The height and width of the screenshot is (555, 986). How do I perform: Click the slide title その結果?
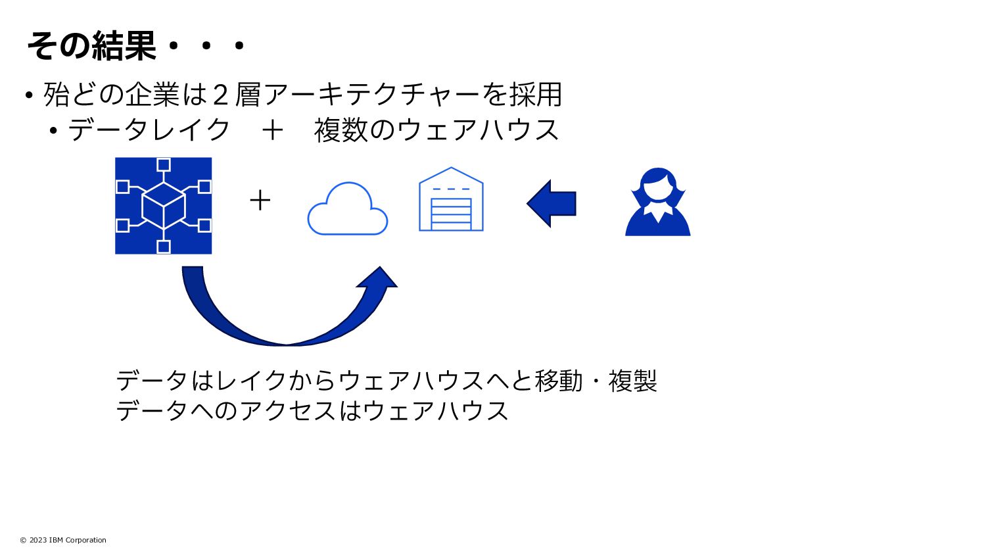point(92,46)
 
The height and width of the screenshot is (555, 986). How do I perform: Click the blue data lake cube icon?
point(164,205)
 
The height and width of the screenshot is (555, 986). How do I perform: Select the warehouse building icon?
point(451,200)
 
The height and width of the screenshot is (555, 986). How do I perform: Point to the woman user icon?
point(657,203)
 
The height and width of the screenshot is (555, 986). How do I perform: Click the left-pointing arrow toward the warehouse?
point(552,204)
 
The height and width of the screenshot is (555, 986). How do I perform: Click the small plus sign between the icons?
point(260,200)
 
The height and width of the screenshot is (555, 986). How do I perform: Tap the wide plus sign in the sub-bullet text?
point(272,130)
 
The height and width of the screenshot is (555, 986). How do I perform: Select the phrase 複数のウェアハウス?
point(436,130)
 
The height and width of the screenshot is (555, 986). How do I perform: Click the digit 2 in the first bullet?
point(221,95)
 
